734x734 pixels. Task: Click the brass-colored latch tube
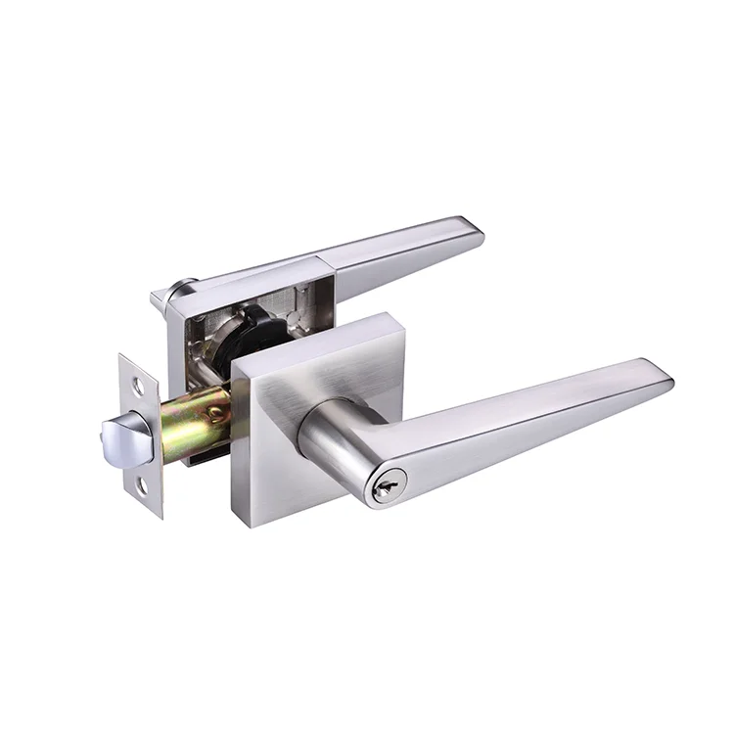click(196, 423)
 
